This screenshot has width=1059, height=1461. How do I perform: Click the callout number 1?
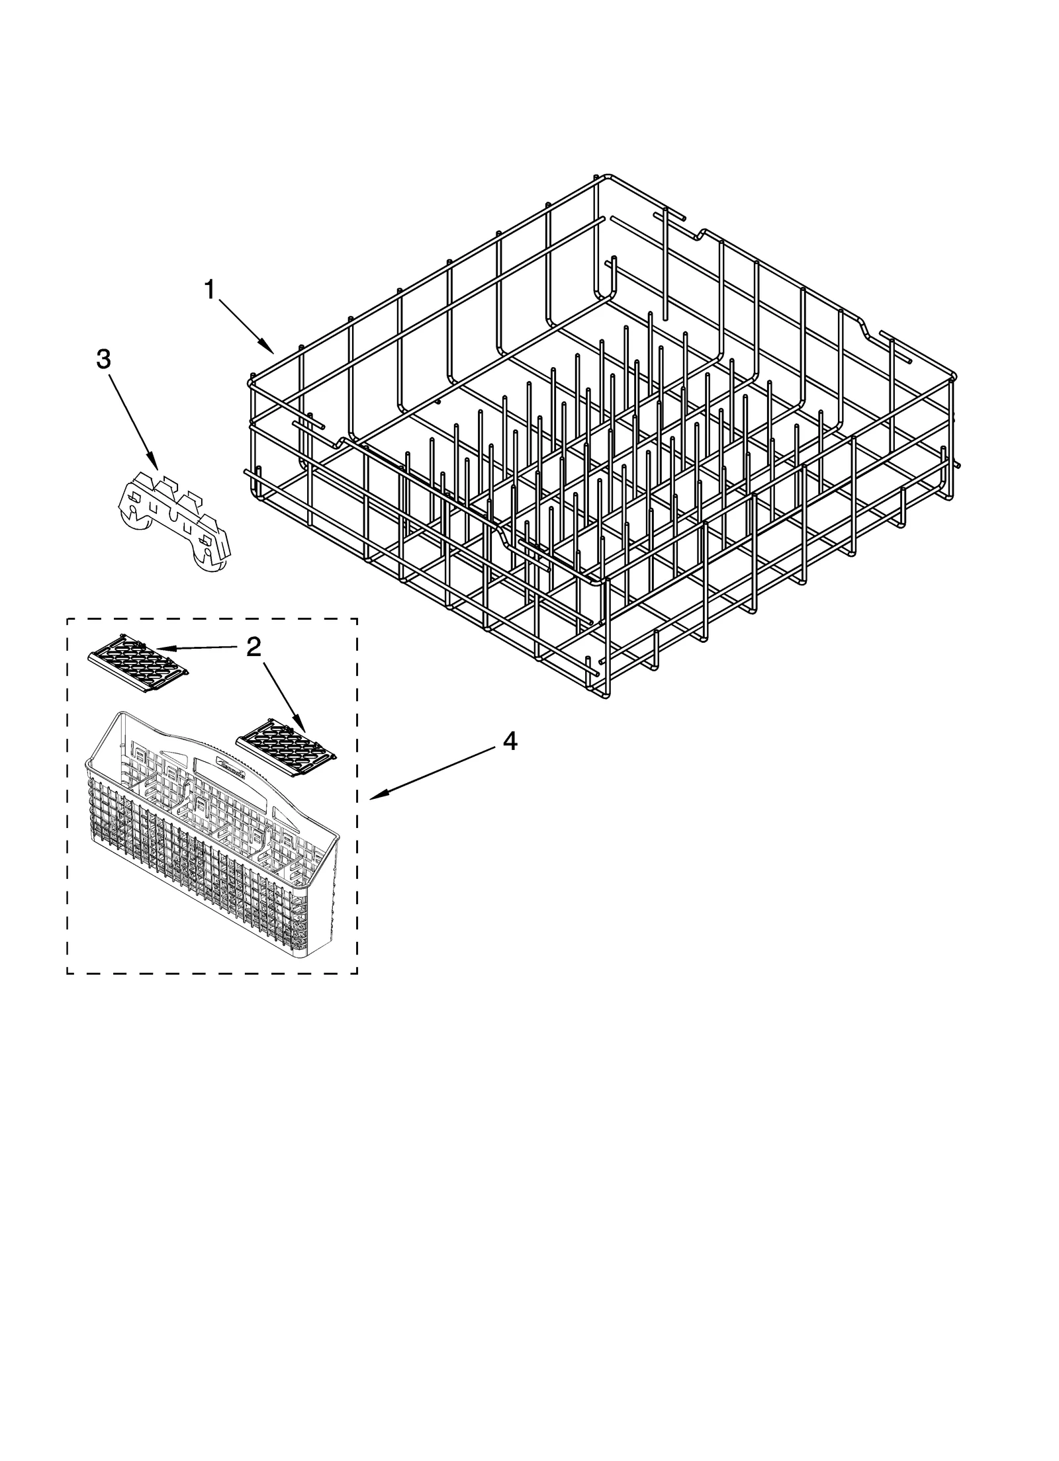pos(210,289)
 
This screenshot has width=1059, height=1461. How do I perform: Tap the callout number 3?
pos(103,358)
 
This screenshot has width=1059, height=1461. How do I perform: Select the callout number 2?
pos(253,647)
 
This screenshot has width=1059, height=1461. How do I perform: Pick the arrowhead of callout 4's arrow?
pos(371,798)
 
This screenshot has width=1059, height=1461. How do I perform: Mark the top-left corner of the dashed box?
pos(68,619)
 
